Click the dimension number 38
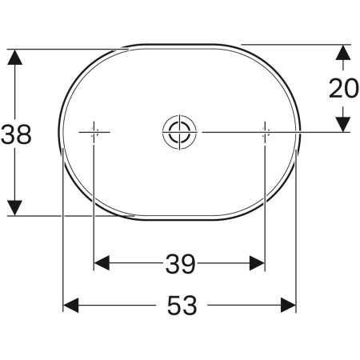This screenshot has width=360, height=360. point(15,134)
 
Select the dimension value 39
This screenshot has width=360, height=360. point(180,262)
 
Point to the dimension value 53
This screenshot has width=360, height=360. point(181,305)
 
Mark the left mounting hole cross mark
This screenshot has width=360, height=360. point(94,131)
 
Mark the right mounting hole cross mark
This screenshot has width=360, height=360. point(265,131)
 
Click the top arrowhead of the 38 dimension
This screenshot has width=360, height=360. point(14,58)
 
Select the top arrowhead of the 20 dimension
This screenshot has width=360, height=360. point(342,53)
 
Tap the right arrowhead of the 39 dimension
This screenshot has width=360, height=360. point(257,262)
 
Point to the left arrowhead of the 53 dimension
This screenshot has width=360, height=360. point(71,305)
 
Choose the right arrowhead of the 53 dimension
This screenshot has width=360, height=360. point(289,305)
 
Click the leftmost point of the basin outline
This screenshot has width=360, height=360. point(57,131)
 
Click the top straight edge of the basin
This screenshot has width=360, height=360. point(180,44)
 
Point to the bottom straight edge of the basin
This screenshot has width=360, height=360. point(180,218)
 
